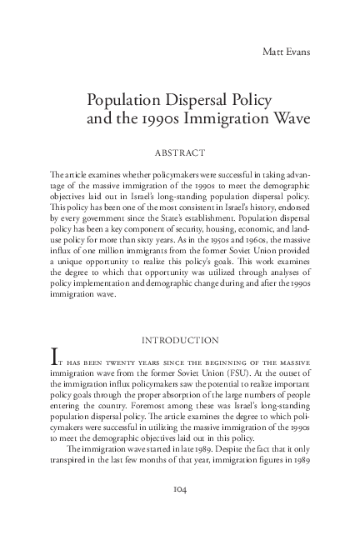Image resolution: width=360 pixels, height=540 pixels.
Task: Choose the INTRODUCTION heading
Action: (180, 339)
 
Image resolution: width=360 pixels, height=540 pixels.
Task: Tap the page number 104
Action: (180, 488)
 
